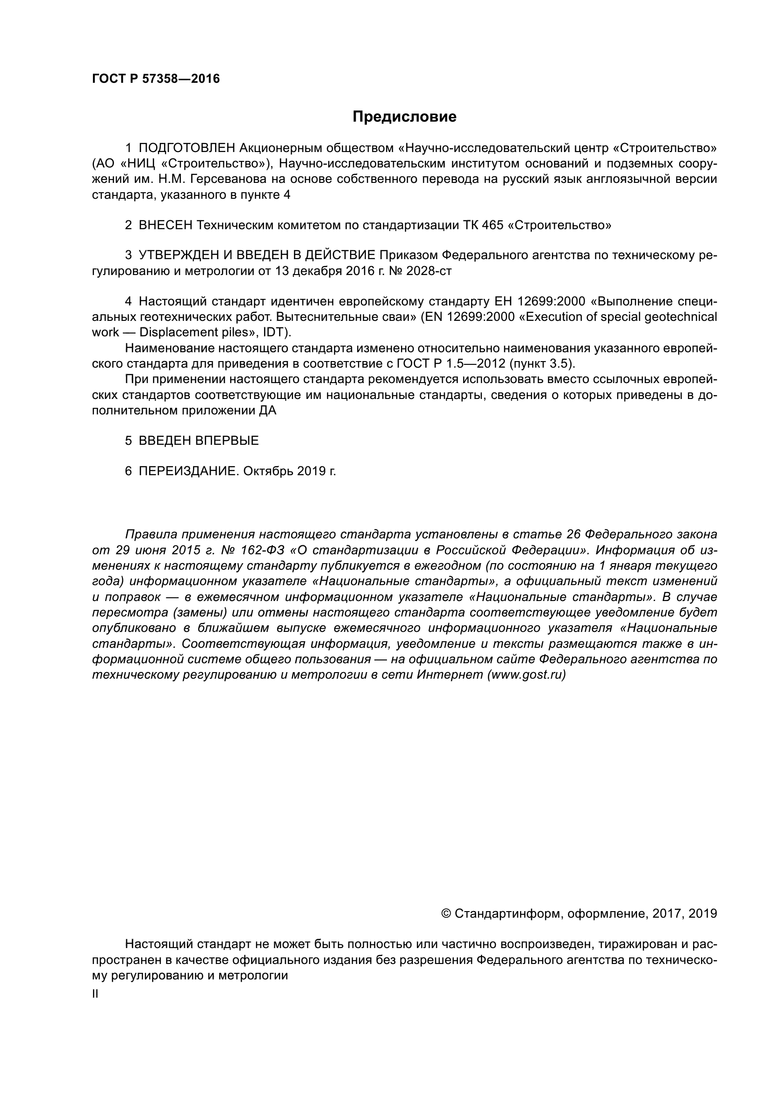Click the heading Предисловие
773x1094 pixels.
[404, 117]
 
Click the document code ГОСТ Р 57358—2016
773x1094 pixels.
[156, 79]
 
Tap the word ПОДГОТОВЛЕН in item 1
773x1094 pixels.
[187, 148]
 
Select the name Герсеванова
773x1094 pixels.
[224, 179]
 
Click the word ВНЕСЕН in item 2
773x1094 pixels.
[165, 225]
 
